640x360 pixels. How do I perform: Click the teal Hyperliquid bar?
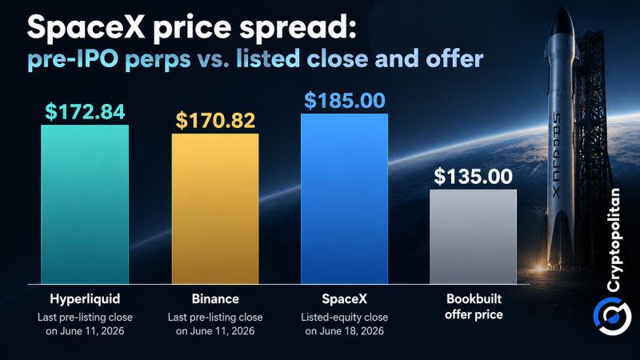coord(85,205)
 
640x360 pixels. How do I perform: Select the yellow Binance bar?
coord(215,209)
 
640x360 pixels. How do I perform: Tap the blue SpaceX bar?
coord(345,198)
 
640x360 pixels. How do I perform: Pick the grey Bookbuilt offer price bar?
coord(473,237)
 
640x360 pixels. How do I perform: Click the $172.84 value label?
coord(85,111)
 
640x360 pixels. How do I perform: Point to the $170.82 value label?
coord(215,121)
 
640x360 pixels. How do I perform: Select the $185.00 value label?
coord(345,101)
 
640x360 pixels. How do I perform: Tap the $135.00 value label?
coord(473,176)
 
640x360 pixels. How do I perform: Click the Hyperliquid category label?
coord(85,299)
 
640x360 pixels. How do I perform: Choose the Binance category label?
coord(215,299)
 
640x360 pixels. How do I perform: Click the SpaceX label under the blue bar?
coord(345,299)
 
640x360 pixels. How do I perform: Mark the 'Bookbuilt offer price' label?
coord(474,306)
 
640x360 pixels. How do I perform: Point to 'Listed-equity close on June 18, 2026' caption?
coord(345,324)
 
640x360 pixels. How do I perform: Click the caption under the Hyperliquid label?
coord(85,324)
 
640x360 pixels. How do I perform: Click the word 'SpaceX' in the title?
coord(86,28)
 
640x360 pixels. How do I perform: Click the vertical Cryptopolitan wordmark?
coord(614,241)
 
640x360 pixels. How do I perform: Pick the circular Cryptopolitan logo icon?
coord(612,316)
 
